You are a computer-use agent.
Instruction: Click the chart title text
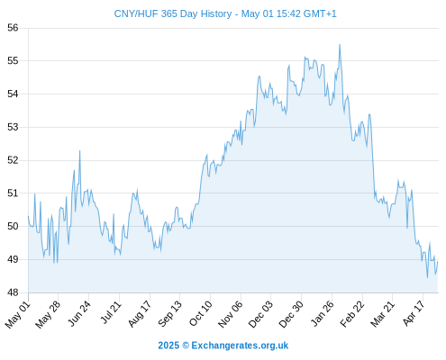click(225, 13)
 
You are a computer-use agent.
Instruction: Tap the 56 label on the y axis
click(13, 28)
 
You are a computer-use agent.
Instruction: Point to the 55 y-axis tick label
click(13, 61)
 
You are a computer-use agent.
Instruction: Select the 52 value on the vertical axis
click(13, 160)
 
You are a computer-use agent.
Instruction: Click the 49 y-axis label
click(13, 259)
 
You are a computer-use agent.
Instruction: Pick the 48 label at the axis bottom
click(13, 292)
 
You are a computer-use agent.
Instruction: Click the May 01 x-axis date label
click(18, 314)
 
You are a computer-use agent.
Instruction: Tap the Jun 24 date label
click(79, 313)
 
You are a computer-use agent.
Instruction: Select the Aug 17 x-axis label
click(140, 313)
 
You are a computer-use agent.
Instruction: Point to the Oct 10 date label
click(201, 313)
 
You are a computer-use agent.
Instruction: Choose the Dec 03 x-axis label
click(260, 313)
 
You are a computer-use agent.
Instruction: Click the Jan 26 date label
click(323, 313)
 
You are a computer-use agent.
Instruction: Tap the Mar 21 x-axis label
click(382, 313)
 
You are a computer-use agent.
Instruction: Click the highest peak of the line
click(340, 45)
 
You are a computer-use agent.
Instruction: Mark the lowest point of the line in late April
click(428, 277)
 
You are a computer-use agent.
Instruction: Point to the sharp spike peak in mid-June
click(79, 151)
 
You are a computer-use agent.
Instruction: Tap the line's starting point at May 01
click(28, 216)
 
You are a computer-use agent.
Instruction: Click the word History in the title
click(216, 13)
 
